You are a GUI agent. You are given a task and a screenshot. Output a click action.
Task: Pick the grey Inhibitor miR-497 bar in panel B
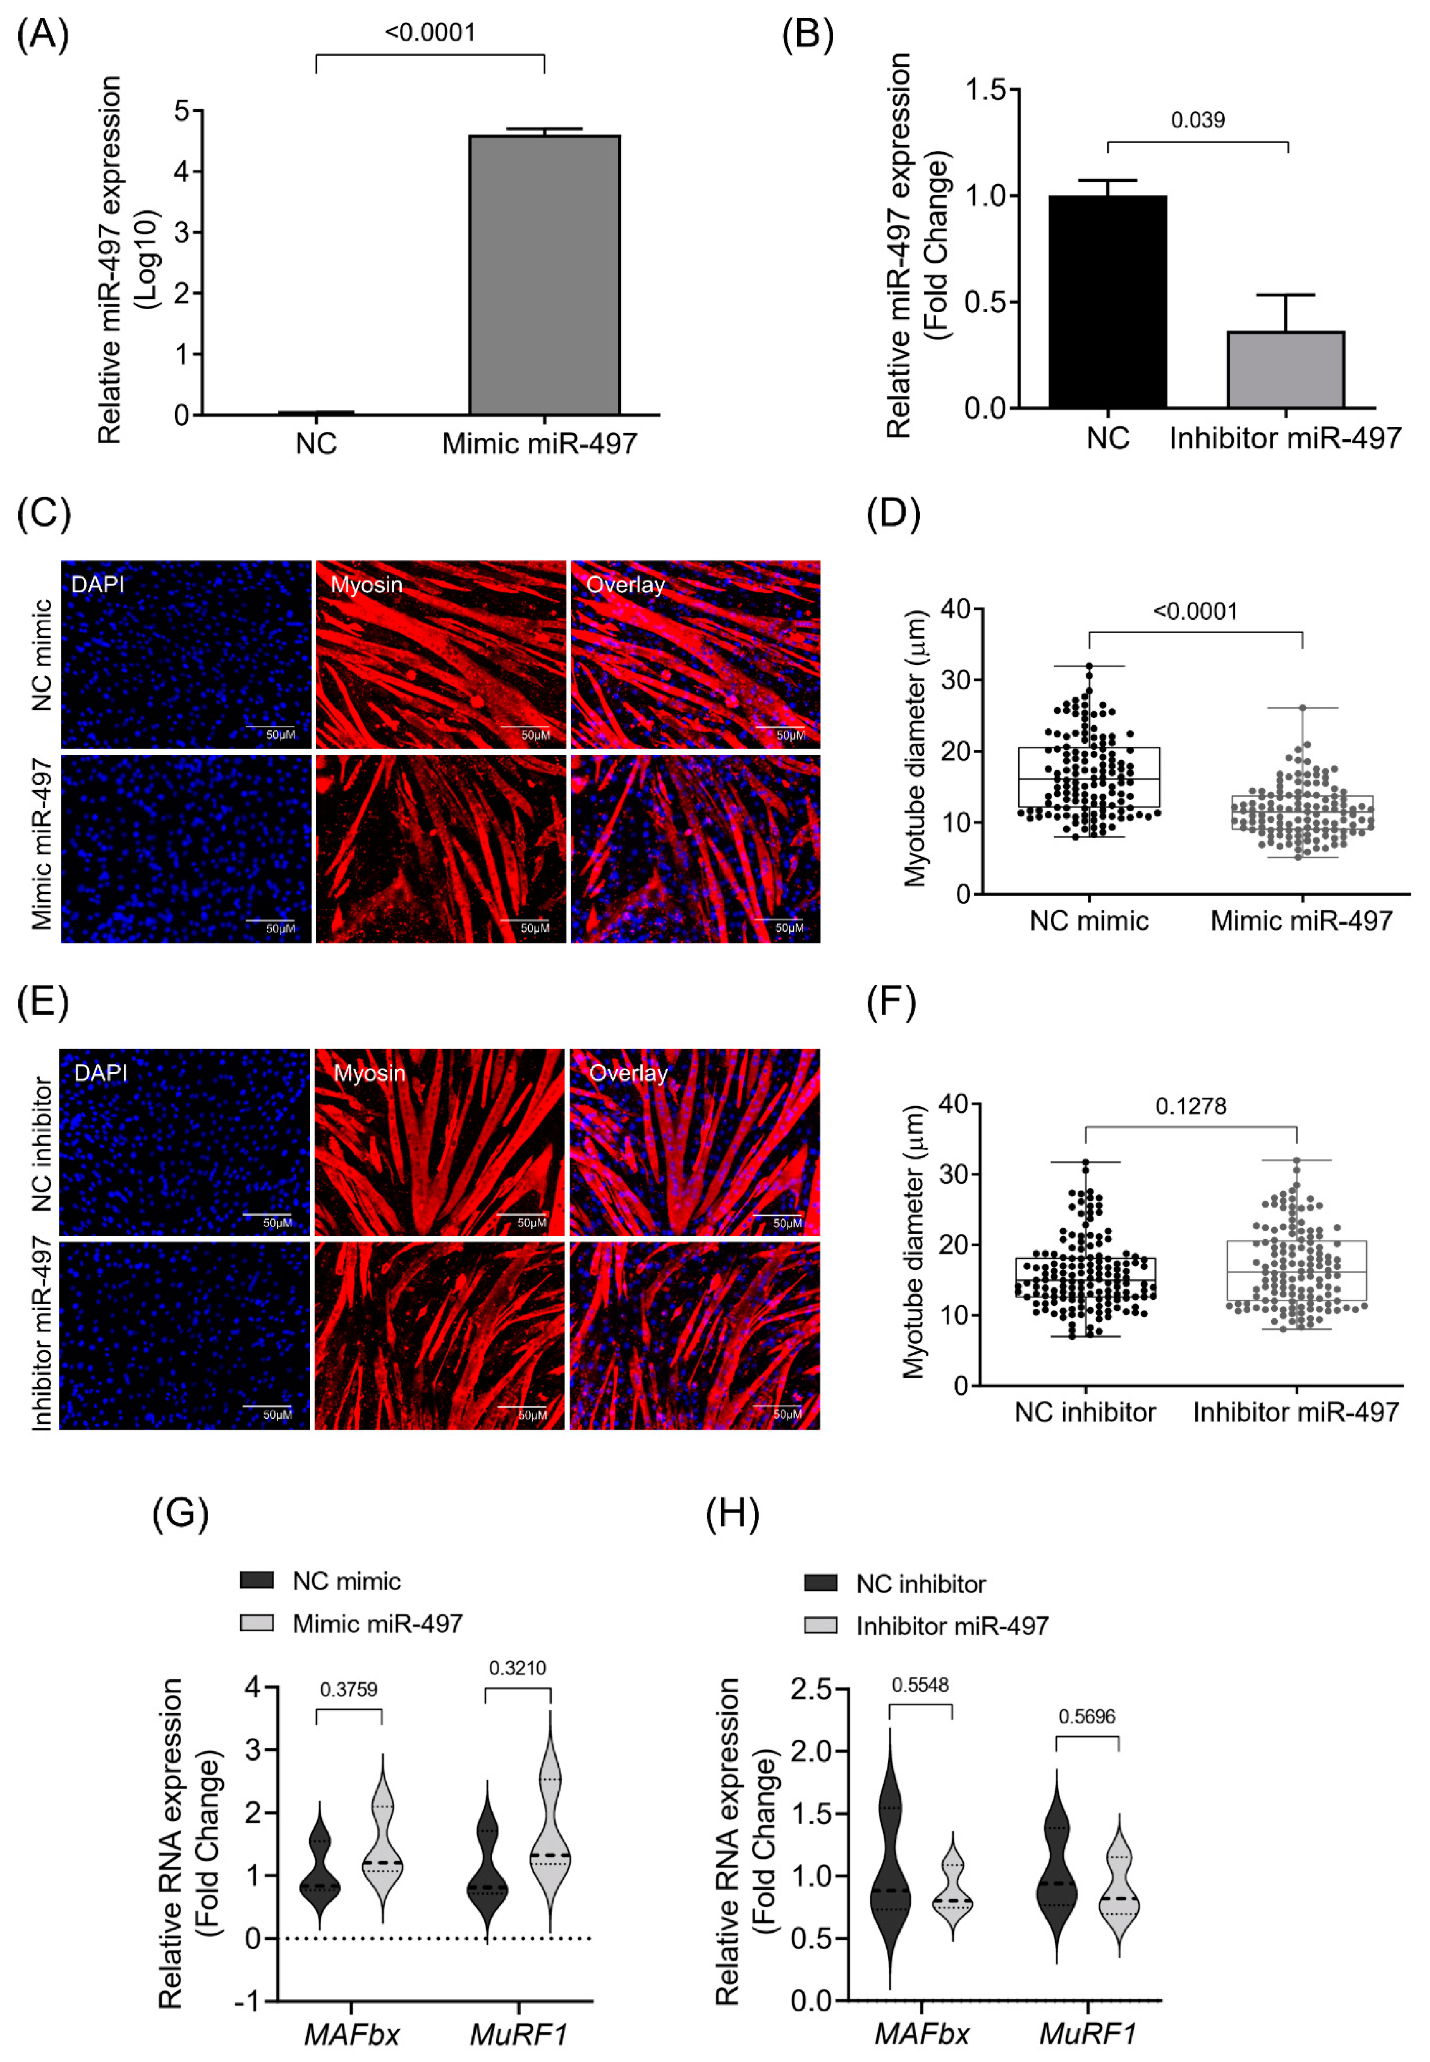tap(1286, 369)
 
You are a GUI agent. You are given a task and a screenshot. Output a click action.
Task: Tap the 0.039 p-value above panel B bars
tap(1198, 120)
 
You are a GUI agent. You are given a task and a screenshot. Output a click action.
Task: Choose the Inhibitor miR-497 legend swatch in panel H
tap(821, 1626)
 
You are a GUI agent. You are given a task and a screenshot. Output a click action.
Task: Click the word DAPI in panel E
tap(100, 1073)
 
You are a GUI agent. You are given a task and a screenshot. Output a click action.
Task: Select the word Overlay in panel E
tap(628, 1073)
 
